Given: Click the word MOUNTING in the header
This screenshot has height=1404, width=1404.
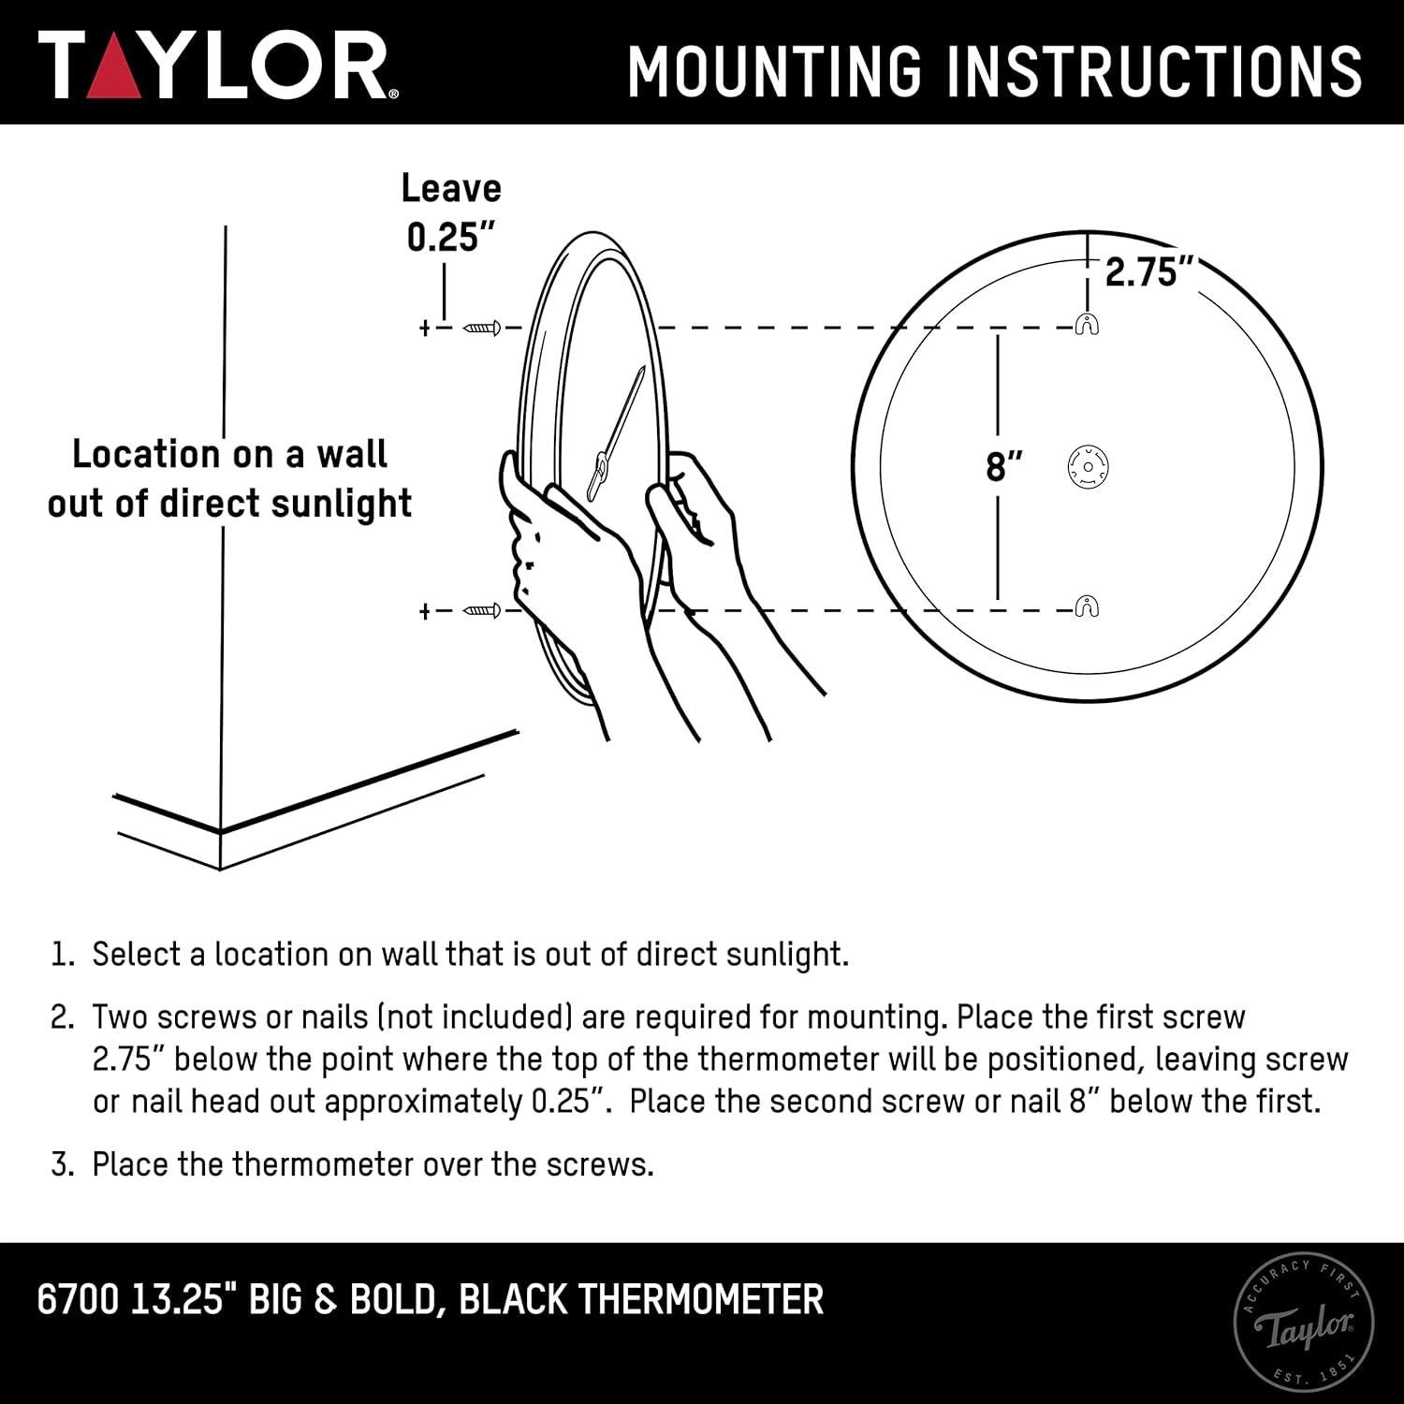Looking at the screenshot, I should click(x=774, y=71).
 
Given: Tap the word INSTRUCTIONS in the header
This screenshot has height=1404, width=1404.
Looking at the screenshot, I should click(x=1155, y=71).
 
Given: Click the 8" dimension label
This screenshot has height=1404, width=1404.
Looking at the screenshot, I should click(x=1003, y=466).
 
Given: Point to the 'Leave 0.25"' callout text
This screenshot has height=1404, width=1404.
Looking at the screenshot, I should click(x=451, y=213).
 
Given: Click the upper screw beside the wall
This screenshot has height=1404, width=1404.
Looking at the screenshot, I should click(x=482, y=328).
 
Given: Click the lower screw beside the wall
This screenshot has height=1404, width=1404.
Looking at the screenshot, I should click(x=482, y=611).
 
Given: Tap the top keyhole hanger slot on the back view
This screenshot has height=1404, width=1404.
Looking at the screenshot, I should click(x=1086, y=325).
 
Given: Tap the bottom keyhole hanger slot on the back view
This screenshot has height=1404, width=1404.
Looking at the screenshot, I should click(x=1086, y=607).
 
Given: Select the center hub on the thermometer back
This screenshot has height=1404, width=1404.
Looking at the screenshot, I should click(x=1088, y=465).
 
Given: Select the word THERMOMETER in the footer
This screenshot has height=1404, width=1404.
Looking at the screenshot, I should click(x=701, y=1300).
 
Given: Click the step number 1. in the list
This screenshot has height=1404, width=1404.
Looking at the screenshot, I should click(x=62, y=955).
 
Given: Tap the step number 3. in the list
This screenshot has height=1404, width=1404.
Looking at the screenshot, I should click(x=62, y=1165).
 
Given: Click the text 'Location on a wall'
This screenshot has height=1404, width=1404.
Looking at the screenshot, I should click(x=229, y=455).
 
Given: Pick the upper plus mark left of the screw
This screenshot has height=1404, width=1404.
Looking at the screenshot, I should click(x=425, y=329).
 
